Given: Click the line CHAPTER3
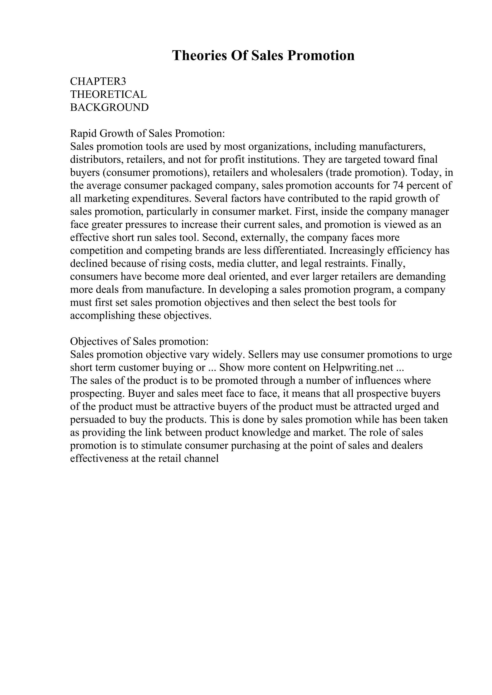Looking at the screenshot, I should (98, 82).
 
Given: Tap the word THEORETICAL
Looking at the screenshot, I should (108, 94).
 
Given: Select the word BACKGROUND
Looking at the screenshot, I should (109, 107).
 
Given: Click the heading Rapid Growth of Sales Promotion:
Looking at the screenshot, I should (147, 134).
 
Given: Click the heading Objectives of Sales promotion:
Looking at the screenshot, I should (139, 342).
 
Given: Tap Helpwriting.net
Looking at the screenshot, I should (358, 367).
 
